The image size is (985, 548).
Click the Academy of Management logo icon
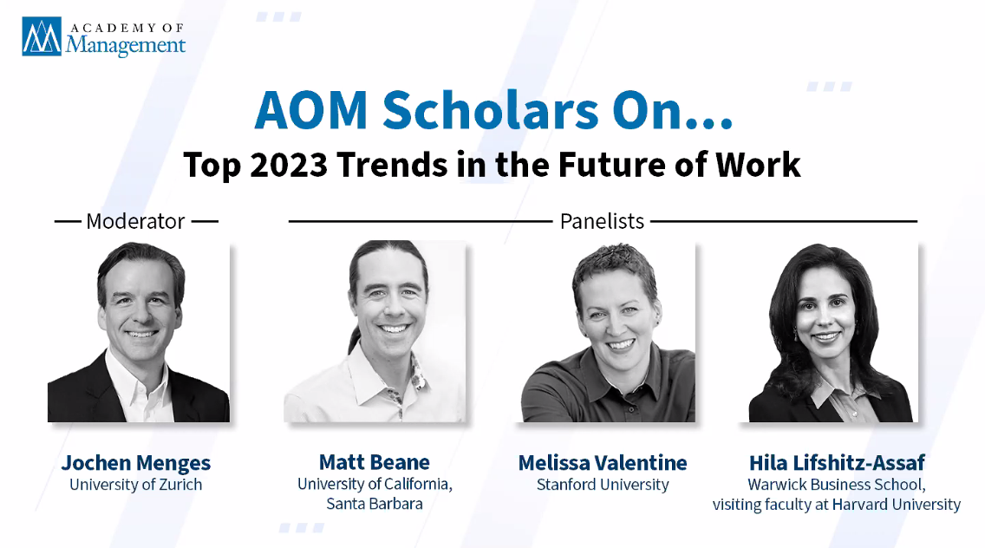(42, 36)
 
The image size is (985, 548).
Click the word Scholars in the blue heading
(491, 111)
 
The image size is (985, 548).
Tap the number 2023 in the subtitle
(289, 165)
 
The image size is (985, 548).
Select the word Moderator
(135, 221)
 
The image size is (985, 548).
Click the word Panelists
(602, 221)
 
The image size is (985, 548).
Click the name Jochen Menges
(135, 463)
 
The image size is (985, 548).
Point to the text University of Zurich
(135, 485)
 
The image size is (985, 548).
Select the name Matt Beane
(375, 462)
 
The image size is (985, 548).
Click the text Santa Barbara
(375, 504)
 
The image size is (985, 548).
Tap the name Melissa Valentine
(603, 463)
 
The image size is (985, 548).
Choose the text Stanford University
(603, 485)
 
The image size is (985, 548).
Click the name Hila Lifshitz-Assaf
(837, 463)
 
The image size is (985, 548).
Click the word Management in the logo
(126, 45)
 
